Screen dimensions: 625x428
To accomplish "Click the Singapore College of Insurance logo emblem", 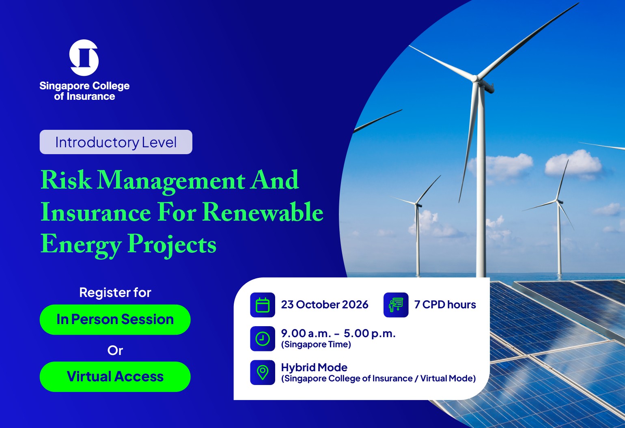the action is pos(84,58).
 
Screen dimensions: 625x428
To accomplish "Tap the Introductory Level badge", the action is pos(116,142).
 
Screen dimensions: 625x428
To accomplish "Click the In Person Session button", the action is pos(115,320).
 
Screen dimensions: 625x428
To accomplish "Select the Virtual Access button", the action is pos(115,377).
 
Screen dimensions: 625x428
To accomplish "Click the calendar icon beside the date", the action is pos(263,305).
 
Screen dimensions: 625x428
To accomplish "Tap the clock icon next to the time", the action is pos(263,338).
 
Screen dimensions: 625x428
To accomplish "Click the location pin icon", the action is pos(263,372).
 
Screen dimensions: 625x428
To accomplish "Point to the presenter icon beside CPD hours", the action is pos(396,305).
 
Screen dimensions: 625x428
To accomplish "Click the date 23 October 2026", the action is pos(325,305).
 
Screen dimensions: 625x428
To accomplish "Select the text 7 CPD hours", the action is pos(445,305).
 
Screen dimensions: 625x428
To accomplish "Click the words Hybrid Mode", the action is pos(314,368).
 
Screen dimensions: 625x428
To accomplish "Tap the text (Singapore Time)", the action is pos(316,344).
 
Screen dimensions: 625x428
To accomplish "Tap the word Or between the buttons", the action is pos(115,351).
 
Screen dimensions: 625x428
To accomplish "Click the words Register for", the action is pos(115,293).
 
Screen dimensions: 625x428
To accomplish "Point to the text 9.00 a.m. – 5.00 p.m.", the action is pos(338,333).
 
